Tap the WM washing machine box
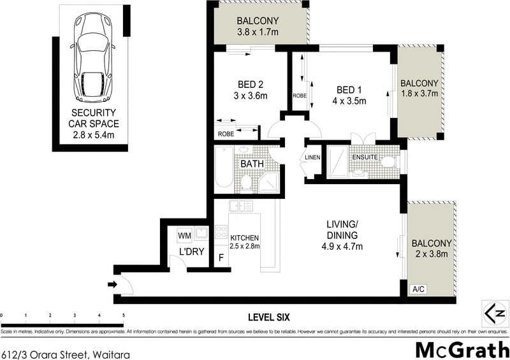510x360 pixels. (185, 236)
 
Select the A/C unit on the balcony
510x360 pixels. (419, 289)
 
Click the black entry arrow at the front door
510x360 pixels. (113, 285)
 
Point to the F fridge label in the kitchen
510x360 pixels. (221, 258)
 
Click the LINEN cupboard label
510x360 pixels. (312, 157)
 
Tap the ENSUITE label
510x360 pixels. (365, 157)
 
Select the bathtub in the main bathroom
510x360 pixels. (224, 167)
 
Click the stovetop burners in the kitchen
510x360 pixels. (221, 232)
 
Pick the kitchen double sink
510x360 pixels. (241, 206)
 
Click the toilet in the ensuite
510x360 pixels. (389, 162)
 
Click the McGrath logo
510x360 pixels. (462, 350)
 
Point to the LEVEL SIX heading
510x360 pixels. (268, 317)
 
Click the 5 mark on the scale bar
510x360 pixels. (123, 315)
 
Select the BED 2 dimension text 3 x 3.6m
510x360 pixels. (251, 96)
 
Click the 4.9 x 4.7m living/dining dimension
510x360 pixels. (342, 247)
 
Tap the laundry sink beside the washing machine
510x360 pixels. (202, 233)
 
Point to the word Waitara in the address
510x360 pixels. (111, 354)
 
